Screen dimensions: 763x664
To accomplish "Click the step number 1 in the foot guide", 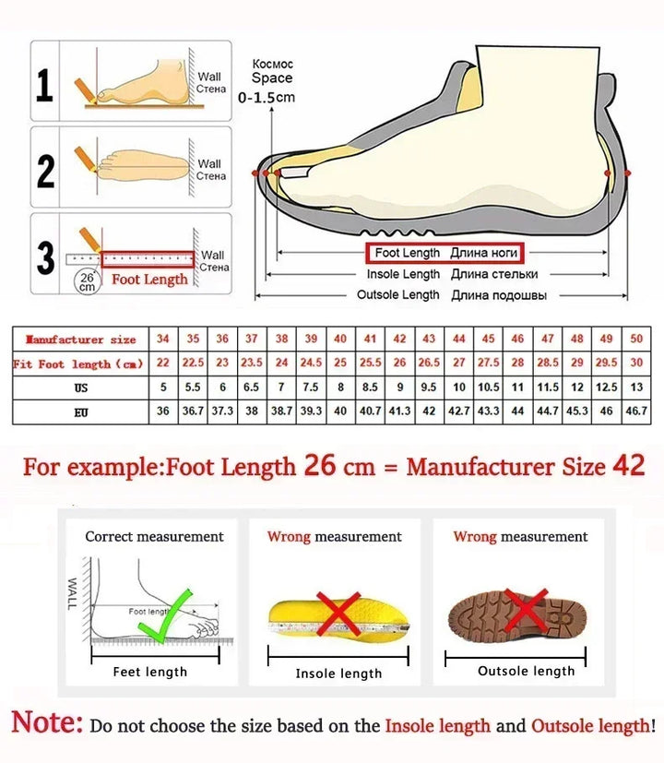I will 44,87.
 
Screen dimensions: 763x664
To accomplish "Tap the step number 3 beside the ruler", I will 45,257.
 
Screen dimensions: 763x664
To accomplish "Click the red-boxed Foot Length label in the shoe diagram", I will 446,253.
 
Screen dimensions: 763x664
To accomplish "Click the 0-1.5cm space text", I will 267,97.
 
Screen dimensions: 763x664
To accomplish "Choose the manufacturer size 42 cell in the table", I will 399,340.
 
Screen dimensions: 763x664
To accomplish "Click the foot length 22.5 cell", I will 193,364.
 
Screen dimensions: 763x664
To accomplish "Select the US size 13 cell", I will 636,387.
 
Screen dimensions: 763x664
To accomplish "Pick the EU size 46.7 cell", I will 636,411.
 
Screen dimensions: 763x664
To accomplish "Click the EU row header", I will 81,411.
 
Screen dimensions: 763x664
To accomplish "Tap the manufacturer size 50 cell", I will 636,340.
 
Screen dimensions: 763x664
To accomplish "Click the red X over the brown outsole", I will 527,610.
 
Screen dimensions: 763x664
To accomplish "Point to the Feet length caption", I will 150,672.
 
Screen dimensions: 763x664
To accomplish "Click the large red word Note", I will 47,722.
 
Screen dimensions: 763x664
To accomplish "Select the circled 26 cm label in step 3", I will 86,281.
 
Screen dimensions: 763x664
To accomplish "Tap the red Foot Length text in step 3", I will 149,279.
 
